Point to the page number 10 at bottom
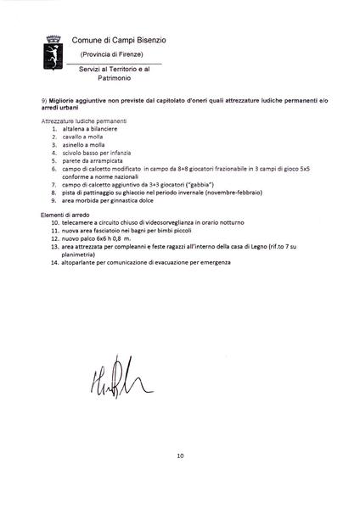tap(180, 456)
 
